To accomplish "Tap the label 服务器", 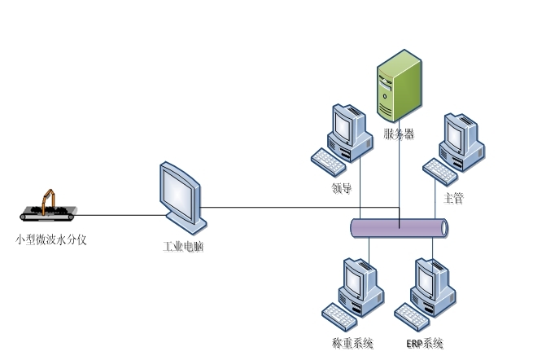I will [x=400, y=134].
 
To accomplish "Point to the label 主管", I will [x=453, y=198].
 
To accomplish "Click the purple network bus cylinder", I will [x=399, y=228].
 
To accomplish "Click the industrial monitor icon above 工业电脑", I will [x=181, y=196].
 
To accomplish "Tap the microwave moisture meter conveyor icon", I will [x=47, y=208].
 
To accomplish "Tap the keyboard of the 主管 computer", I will [x=440, y=169].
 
